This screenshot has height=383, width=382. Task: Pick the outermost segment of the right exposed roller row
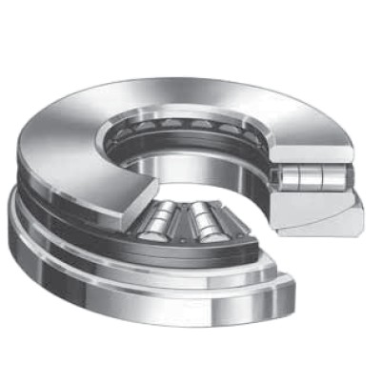(203, 230)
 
